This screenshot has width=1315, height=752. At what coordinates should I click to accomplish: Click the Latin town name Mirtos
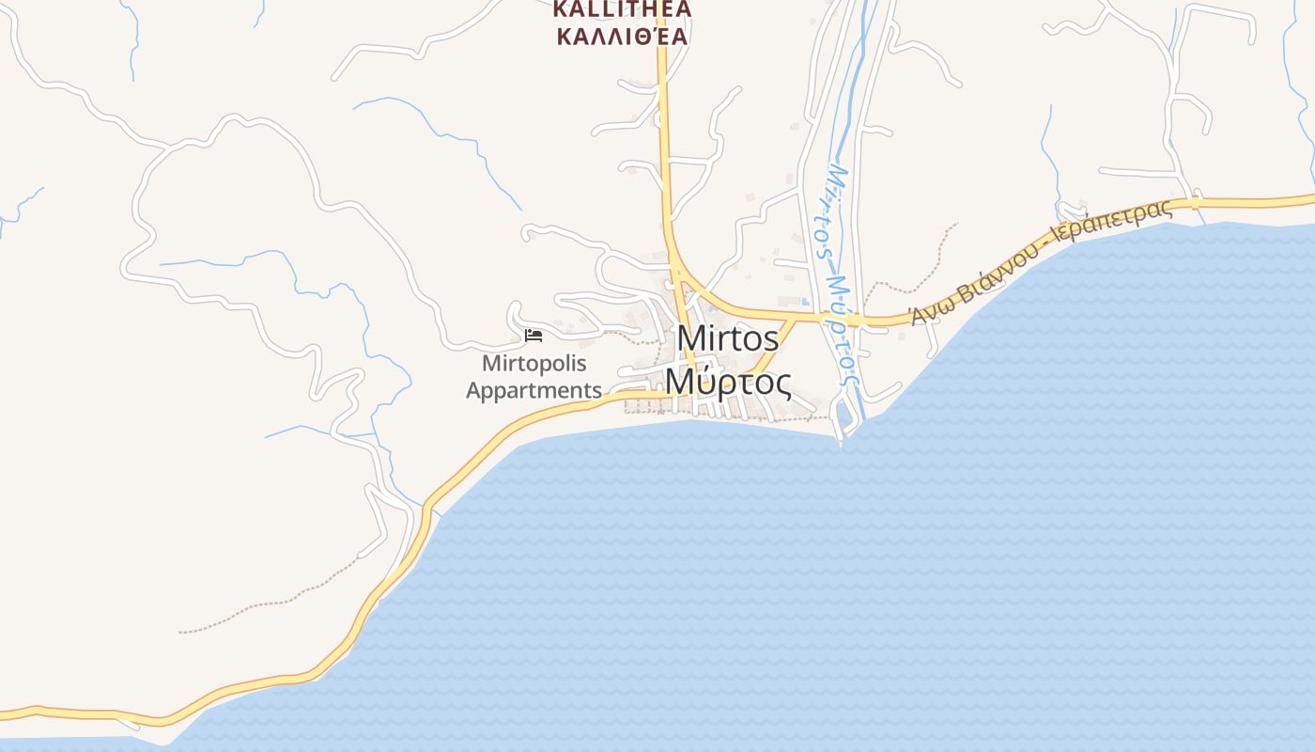tap(727, 339)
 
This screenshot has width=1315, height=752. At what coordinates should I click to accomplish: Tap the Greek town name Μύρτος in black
tap(727, 382)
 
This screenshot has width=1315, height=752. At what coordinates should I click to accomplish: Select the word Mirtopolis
tap(534, 363)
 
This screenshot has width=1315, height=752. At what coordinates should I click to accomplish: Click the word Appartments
tap(534, 390)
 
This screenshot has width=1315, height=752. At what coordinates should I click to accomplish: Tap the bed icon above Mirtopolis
tap(534, 336)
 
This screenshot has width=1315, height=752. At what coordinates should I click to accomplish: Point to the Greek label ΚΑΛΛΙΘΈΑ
tap(622, 37)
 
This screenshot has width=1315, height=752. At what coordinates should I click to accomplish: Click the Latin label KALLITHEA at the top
tap(622, 9)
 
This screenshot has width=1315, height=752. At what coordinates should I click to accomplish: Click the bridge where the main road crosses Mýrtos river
tap(853, 321)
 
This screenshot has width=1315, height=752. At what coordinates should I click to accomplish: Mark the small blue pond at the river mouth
tap(843, 415)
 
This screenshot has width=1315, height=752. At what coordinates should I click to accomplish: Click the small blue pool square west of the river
tap(805, 302)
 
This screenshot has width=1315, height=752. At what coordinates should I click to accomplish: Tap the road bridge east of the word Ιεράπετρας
tap(1196, 201)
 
